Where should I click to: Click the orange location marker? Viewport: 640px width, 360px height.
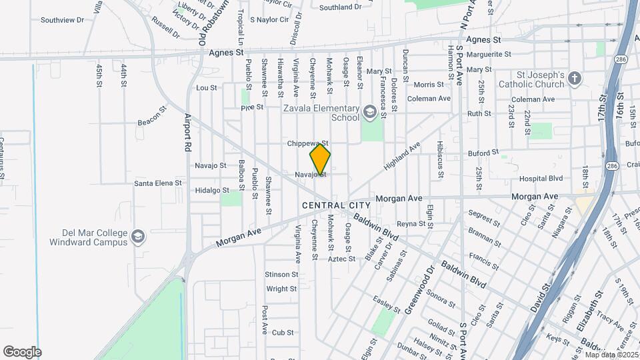point(320,159)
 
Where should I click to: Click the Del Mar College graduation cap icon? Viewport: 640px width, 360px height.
point(137,237)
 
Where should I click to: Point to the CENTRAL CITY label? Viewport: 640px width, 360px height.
point(336,205)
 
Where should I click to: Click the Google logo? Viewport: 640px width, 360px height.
point(22,352)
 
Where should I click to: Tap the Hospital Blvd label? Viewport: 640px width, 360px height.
point(541,179)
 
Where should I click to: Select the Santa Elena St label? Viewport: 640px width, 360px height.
point(158,183)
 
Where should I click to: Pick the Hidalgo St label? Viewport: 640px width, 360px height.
point(193,190)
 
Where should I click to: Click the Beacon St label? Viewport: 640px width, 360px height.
point(151,115)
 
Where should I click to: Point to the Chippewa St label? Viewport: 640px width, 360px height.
point(308,143)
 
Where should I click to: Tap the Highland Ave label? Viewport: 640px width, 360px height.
point(402,156)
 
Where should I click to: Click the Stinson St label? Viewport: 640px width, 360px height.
point(281,275)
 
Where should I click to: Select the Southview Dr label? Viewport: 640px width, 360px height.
point(62,20)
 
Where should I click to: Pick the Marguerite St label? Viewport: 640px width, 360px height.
point(489,54)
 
